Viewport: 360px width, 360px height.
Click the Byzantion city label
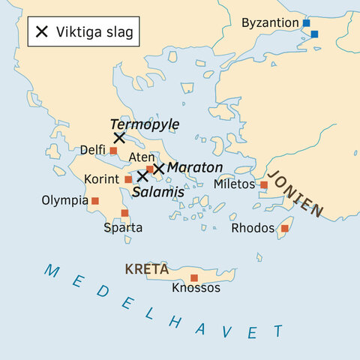(x=270, y=23)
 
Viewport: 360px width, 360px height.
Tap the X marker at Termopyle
(x=118, y=138)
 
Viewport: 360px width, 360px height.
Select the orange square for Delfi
(x=113, y=151)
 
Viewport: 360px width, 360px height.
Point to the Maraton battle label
(x=194, y=167)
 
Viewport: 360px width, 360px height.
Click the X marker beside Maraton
(x=158, y=169)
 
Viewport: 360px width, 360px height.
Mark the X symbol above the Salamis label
(x=142, y=176)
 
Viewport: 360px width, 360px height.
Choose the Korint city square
(x=128, y=180)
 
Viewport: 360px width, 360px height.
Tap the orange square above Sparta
(x=124, y=213)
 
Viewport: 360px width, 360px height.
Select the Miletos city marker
(x=264, y=184)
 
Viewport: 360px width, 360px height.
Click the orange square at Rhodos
(x=284, y=228)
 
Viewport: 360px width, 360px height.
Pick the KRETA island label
(x=146, y=268)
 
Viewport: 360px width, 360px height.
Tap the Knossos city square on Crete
(x=194, y=277)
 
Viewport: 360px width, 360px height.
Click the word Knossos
(x=196, y=288)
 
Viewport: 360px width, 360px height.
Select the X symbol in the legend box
(x=42, y=31)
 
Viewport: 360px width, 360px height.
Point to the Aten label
(x=142, y=157)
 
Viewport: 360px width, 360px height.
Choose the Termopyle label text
(x=140, y=124)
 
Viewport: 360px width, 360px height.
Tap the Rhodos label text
(x=253, y=228)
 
